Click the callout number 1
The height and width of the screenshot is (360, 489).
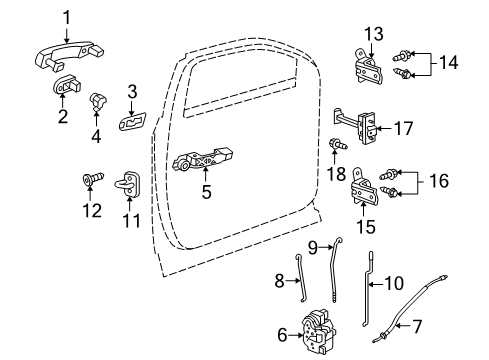pyautogui.click(x=68, y=16)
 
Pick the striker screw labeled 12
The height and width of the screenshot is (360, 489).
pyautogui.click(x=87, y=181)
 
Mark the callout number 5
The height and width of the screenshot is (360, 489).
pyautogui.click(x=206, y=190)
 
